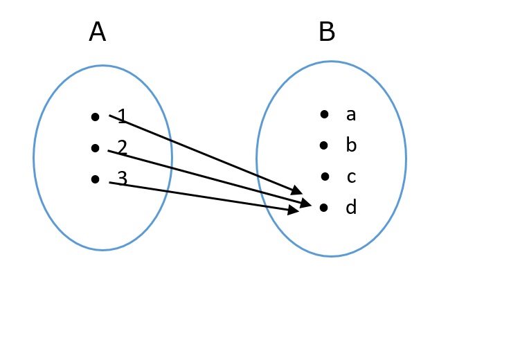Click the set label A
click(x=98, y=33)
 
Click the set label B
click(x=327, y=33)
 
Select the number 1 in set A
click(x=123, y=116)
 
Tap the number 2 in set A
click(x=123, y=147)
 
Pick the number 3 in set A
click(x=123, y=179)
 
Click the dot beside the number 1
click(x=96, y=117)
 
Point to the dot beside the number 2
click(x=96, y=147)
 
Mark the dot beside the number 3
click(x=96, y=179)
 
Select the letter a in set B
click(x=351, y=115)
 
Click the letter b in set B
click(x=351, y=145)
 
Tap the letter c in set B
click(x=351, y=177)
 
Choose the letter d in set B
click(x=351, y=208)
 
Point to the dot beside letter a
click(x=324, y=114)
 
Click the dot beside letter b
click(x=324, y=145)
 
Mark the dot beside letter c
click(x=325, y=177)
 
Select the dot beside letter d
click(x=323, y=207)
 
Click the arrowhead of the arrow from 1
click(x=297, y=190)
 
